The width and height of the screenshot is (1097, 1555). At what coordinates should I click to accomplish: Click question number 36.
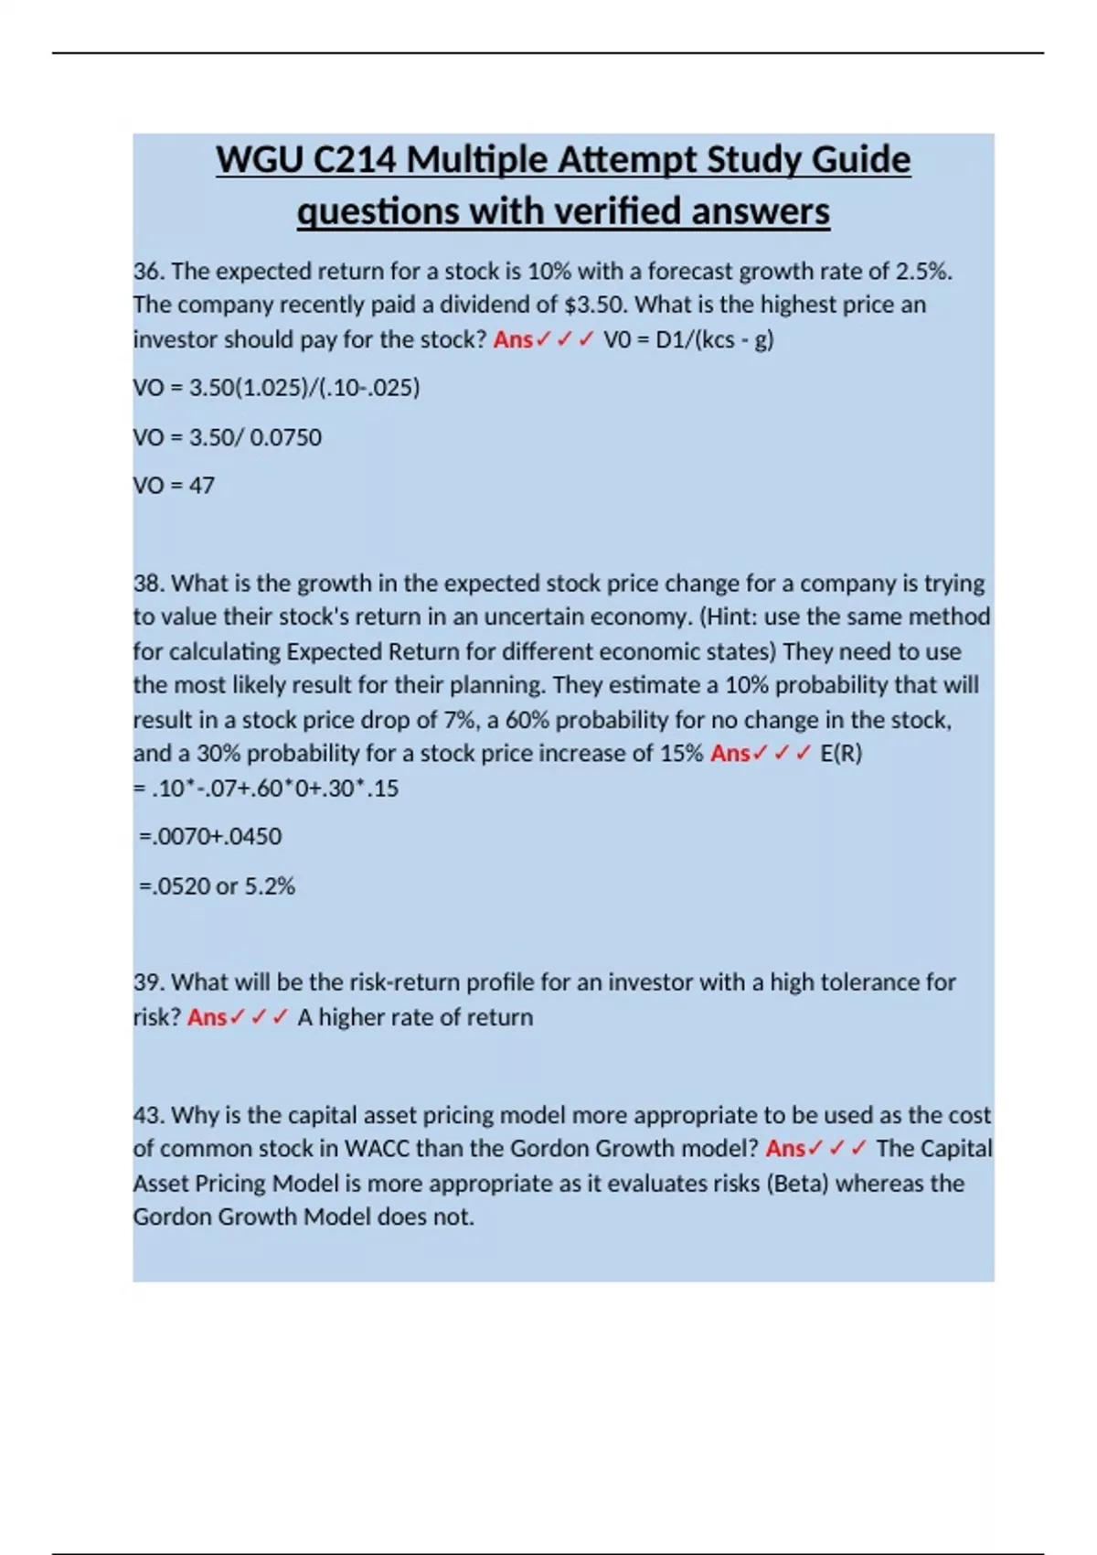coord(147,272)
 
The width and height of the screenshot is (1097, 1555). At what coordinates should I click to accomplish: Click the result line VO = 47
coord(174,486)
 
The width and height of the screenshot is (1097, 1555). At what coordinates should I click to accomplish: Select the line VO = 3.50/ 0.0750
coord(228,437)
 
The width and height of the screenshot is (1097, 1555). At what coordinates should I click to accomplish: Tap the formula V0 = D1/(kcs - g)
coord(688,339)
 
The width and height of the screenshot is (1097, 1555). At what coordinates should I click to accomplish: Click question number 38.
coord(147,584)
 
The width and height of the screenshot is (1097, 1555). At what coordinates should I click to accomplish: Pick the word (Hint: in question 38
coord(729,617)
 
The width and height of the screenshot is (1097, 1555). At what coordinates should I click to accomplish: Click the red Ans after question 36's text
coord(513,339)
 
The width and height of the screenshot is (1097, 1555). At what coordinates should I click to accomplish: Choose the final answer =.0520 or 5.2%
coord(217,886)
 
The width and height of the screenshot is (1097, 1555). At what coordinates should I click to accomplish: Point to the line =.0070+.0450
coord(210,836)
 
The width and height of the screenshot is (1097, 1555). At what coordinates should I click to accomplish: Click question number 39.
coord(147,982)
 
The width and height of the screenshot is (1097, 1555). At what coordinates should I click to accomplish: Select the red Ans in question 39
coord(207,1017)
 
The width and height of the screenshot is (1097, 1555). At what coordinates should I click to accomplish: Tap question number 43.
coord(147,1115)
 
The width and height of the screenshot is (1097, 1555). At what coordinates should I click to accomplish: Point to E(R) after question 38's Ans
coord(841,754)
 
